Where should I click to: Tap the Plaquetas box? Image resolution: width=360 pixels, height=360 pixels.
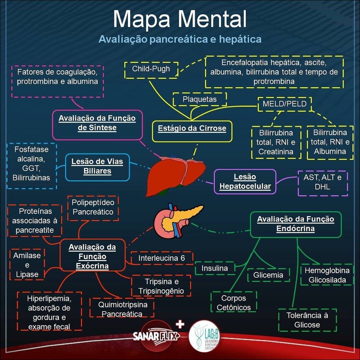200,99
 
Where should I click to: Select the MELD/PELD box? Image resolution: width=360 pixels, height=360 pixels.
285,104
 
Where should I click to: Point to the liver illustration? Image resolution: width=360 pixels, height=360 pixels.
176,174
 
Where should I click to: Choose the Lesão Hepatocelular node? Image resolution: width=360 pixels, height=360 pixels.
245,182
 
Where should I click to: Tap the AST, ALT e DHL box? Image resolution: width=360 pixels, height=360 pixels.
322,182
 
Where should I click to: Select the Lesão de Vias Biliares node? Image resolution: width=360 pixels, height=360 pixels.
97,167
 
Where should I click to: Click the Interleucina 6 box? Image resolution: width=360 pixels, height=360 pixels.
162,258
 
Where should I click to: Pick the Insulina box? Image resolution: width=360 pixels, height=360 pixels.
215,268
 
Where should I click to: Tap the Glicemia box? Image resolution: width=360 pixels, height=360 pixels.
268,275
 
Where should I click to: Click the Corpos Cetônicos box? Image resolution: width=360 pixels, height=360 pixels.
234,303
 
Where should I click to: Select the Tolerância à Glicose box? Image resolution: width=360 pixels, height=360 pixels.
307,320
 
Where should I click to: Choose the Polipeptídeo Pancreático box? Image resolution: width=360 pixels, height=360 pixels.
93,207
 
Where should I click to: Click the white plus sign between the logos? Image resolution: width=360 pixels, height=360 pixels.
180,324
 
